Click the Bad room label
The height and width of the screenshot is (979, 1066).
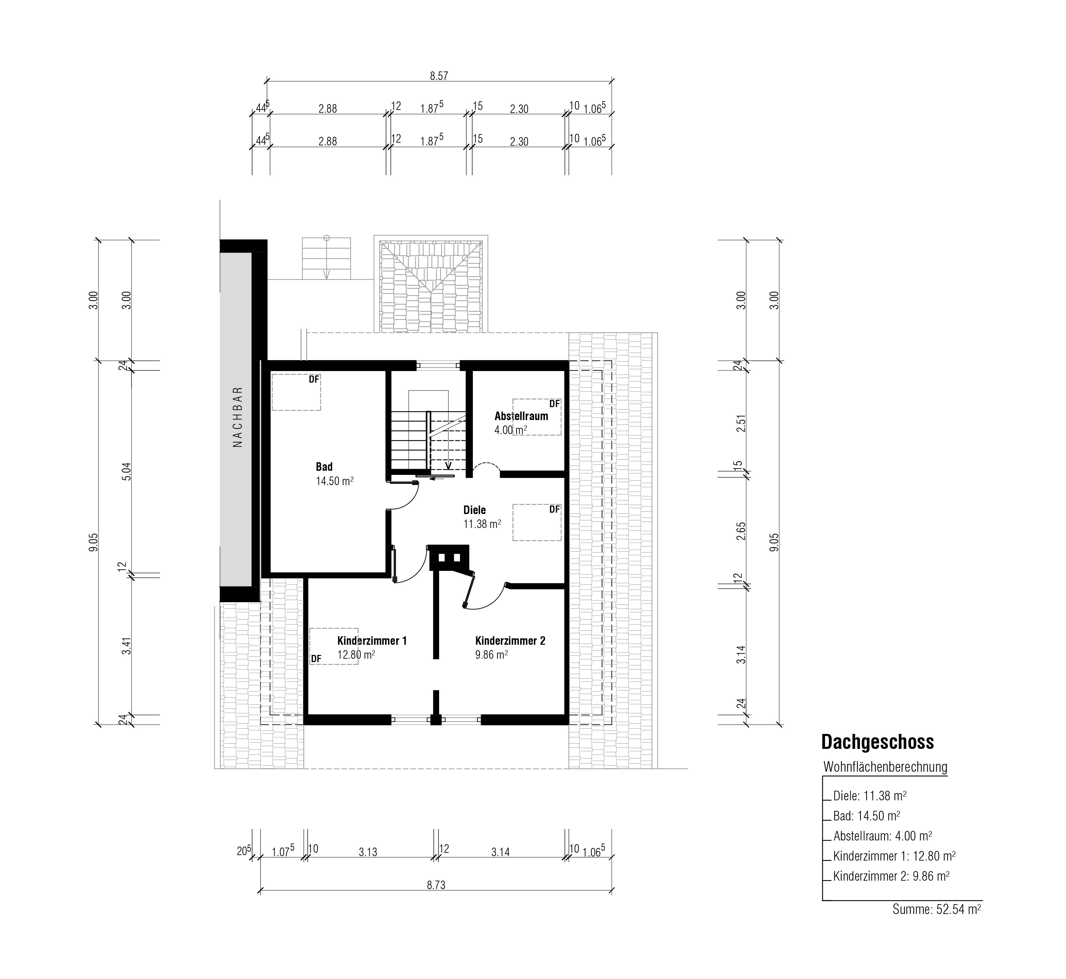tap(324, 467)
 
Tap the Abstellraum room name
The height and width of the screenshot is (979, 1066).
tap(521, 416)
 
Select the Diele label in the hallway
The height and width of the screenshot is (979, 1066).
tap(475, 510)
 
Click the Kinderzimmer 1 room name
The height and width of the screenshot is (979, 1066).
tap(372, 641)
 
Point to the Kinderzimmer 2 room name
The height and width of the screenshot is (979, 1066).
tap(510, 641)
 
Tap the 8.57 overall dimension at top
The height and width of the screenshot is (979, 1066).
tap(439, 76)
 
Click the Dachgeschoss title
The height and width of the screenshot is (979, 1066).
tap(877, 742)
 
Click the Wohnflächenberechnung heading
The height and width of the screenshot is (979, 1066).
tap(885, 767)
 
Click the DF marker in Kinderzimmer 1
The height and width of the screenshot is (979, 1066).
tap(316, 658)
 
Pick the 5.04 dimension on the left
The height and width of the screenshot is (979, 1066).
tap(126, 471)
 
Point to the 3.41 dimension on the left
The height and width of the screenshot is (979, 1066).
tap(126, 646)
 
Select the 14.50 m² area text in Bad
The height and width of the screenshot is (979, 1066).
tap(335, 481)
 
